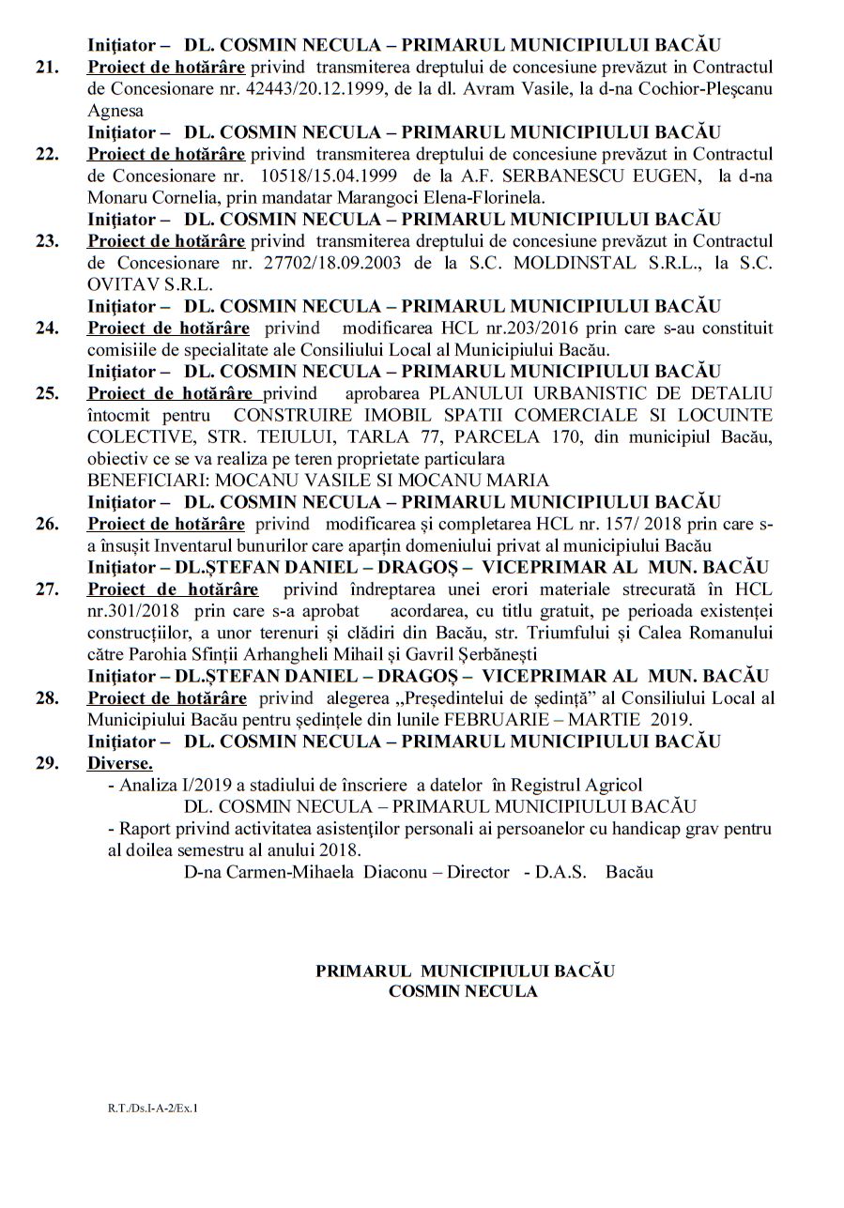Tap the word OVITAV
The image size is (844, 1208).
pos(119,284)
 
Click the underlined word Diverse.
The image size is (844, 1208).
pos(120,762)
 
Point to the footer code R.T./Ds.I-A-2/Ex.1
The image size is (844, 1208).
pos(153,1109)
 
